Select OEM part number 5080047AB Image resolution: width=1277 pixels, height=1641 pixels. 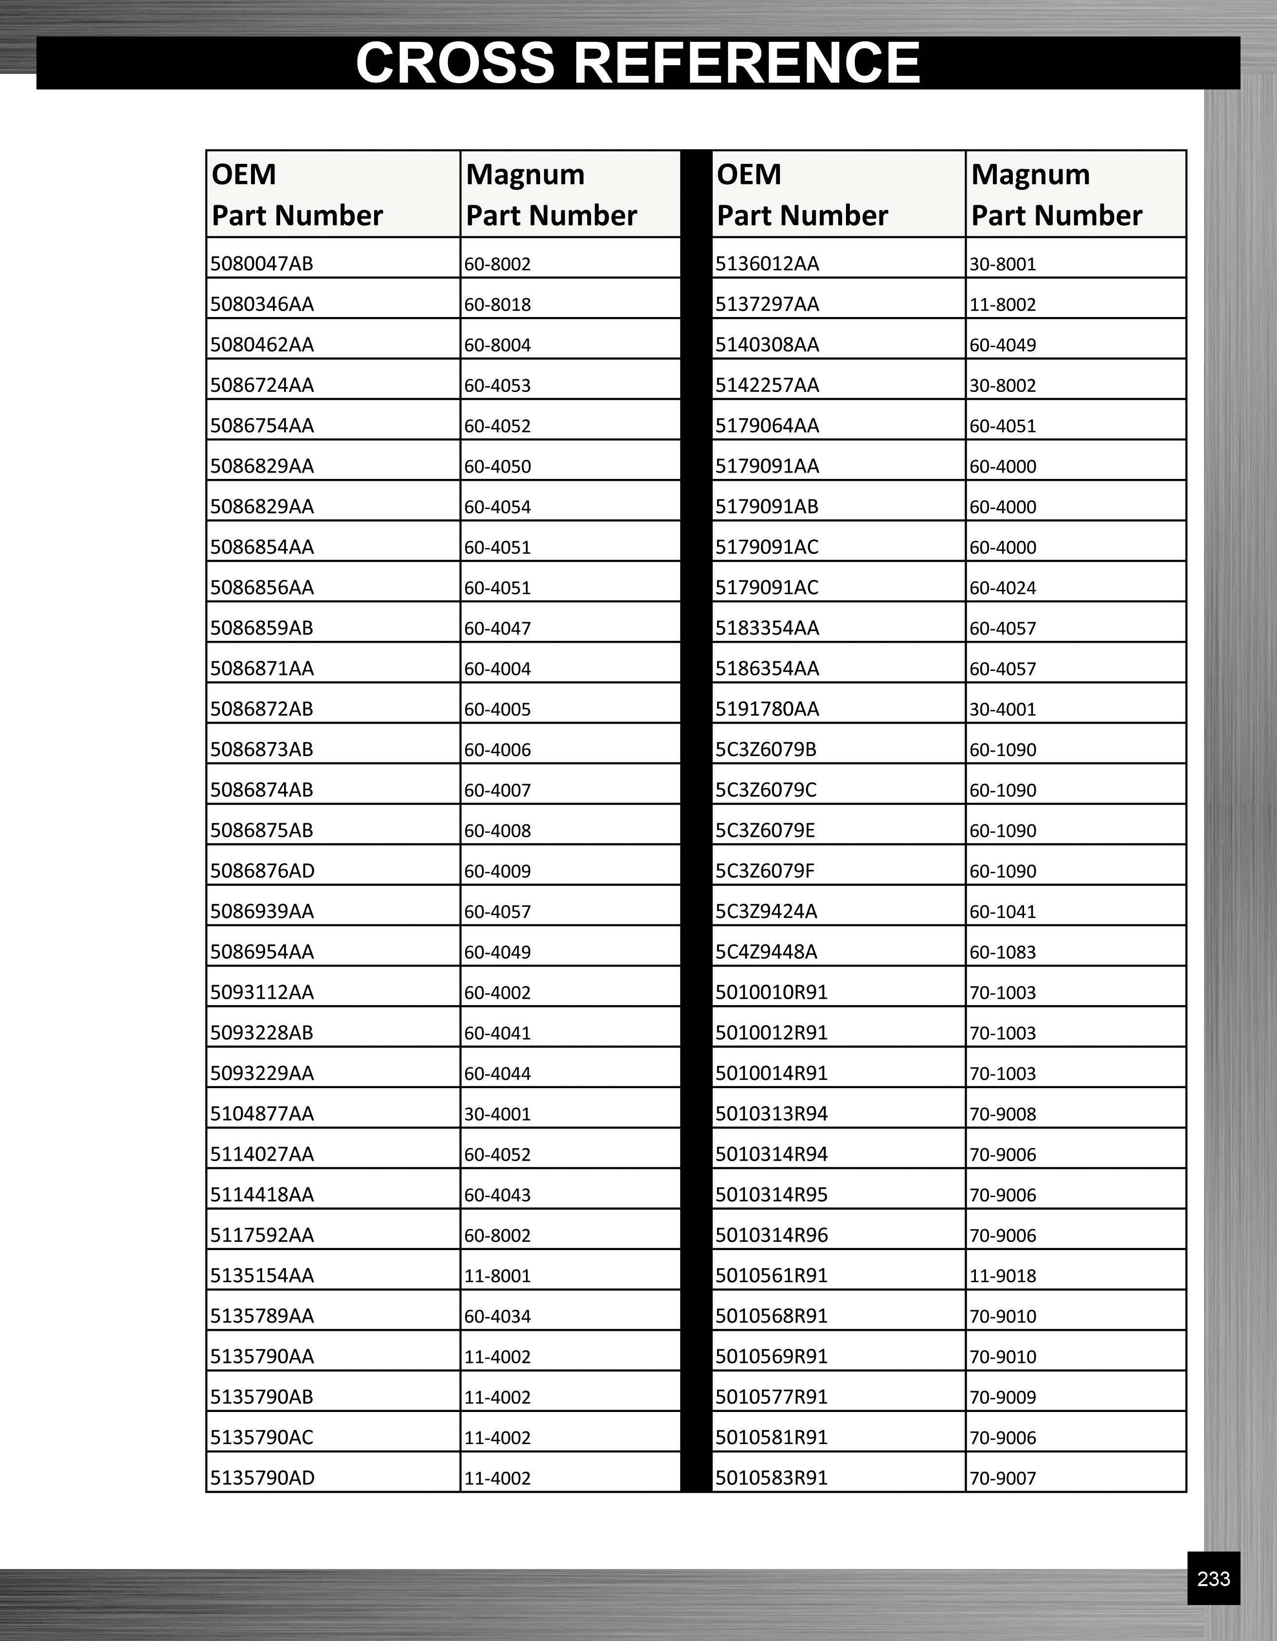click(262, 264)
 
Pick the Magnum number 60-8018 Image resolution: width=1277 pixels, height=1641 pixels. click(498, 304)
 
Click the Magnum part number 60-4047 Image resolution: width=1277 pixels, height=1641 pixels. click(498, 628)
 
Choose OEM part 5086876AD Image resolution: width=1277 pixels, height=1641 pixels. click(262, 871)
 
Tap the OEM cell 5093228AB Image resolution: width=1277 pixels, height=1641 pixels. click(262, 1032)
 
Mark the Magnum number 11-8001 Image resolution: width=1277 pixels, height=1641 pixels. click(498, 1276)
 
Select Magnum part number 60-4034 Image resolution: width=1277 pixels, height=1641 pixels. click(498, 1316)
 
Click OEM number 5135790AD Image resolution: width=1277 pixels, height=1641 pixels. click(262, 1478)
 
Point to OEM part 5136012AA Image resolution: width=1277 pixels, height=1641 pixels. click(767, 264)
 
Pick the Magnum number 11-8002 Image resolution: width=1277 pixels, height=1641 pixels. click(1003, 304)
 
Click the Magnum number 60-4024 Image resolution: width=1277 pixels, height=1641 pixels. click(1003, 587)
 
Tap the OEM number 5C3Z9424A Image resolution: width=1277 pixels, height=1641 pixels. click(766, 911)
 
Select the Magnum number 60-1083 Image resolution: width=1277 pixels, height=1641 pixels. click(1003, 952)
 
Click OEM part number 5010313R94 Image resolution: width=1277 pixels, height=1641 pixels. click(771, 1113)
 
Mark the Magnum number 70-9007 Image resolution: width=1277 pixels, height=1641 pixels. click(1003, 1479)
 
